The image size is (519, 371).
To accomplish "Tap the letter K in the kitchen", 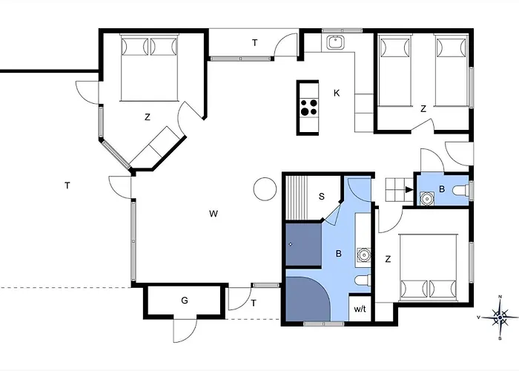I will coord(337,93).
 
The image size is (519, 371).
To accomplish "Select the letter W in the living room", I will coord(213,214).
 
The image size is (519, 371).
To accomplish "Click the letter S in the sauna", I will coord(321,197).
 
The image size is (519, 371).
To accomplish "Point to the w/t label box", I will coord(360,308).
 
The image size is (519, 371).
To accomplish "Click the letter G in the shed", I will coord(184,301).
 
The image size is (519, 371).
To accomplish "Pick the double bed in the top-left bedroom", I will coord(149,67).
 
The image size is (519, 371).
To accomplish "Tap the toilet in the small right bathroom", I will coord(460,191).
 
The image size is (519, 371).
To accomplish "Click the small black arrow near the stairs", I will coord(409,189).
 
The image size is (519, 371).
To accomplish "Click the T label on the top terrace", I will coord(254,43).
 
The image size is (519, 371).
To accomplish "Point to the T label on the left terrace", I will coord(67,185).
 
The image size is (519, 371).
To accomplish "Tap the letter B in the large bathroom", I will coord(339,254).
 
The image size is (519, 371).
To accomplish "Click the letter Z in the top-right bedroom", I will coord(423,109).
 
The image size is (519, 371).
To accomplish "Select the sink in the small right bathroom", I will coord(428,198).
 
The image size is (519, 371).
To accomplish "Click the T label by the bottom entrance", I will coord(253,303).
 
